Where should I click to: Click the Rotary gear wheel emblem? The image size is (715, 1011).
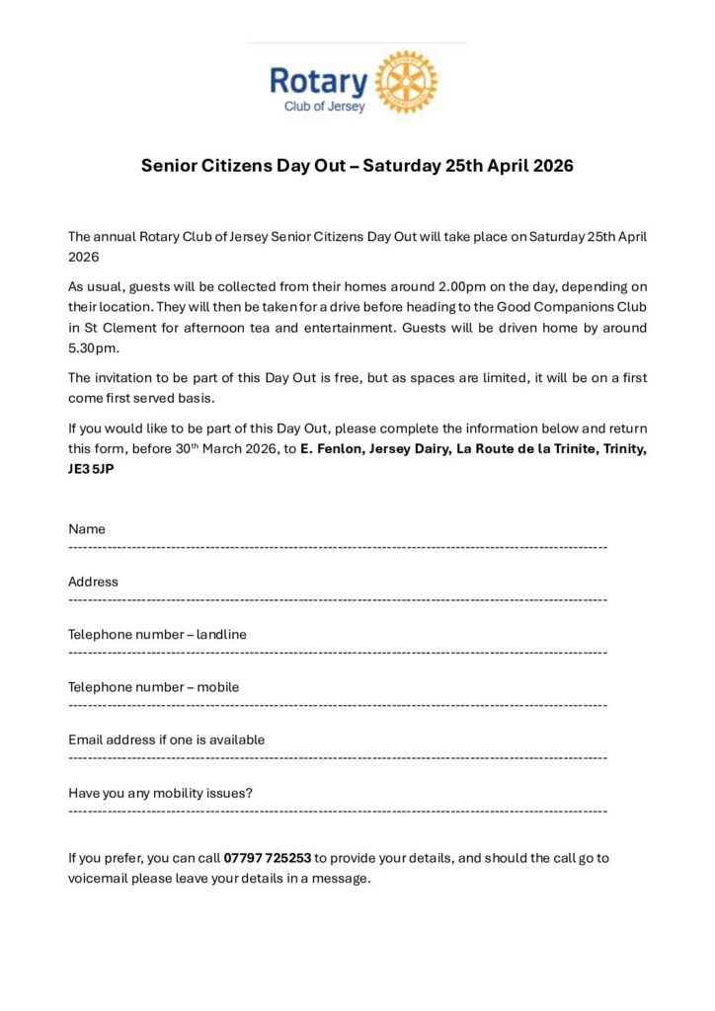(406, 81)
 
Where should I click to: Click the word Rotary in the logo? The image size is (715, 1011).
(318, 81)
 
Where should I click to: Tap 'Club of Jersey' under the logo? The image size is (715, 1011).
(324, 107)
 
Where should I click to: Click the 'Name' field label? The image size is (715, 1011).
(87, 529)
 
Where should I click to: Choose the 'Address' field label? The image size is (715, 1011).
(93, 582)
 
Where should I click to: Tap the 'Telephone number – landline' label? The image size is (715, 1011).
(157, 634)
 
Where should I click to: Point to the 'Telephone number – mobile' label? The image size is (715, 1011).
(153, 687)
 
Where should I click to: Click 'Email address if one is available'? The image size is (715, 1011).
(166, 739)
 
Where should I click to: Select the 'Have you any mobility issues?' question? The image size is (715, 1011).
(160, 793)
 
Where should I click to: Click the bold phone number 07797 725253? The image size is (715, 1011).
(268, 858)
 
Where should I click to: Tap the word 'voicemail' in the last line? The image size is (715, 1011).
(98, 878)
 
